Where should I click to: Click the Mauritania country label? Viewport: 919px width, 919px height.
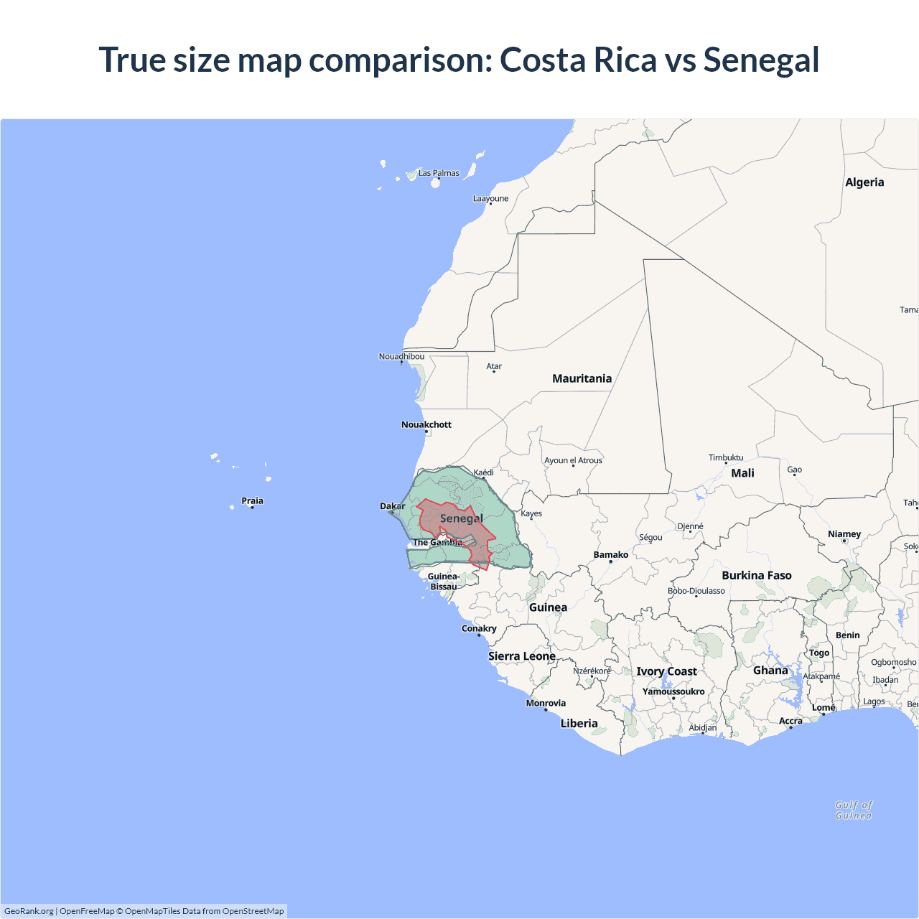pos(582,378)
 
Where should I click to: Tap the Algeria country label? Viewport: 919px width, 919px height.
pos(864,182)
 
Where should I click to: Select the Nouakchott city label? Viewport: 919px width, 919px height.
pos(426,424)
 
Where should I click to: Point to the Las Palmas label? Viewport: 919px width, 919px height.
pos(439,173)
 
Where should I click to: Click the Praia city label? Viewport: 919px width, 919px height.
pos(252,500)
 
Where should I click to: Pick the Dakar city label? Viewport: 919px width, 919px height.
pos(393,506)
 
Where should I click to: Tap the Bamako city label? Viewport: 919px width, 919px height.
pos(611,554)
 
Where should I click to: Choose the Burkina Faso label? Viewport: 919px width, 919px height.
pos(757,575)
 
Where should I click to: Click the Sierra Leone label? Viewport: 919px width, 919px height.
pos(522,656)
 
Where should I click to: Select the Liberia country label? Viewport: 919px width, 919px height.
pos(579,723)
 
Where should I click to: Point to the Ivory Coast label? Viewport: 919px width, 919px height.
pos(666,671)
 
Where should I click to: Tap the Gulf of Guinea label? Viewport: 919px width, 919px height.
pos(854,810)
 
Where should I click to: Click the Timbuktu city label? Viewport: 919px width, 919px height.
pos(726,457)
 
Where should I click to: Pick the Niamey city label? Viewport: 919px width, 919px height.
pos(844,533)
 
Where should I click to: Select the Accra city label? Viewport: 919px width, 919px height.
pos(790,721)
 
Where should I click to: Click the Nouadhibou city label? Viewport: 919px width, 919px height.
pos(401,356)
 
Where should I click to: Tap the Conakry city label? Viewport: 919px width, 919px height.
pos(479,628)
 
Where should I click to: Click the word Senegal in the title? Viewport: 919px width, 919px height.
pos(761,60)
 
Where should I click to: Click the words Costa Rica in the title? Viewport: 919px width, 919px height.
pos(578,60)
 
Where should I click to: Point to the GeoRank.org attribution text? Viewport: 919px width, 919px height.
pos(29,911)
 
